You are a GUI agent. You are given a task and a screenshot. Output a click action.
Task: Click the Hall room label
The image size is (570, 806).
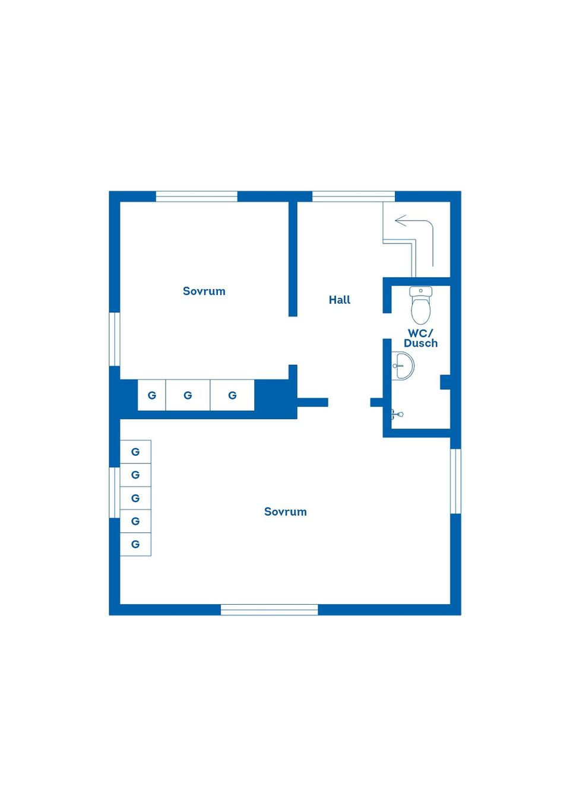coord(340,300)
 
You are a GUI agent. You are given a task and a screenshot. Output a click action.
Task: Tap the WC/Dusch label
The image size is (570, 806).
coord(420,338)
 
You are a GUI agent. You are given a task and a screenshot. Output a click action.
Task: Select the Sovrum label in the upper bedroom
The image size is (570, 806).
coord(204,291)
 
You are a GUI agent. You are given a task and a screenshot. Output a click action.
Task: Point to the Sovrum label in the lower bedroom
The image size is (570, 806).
coord(286,512)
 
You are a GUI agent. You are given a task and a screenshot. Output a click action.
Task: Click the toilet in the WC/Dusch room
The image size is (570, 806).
coord(420,306)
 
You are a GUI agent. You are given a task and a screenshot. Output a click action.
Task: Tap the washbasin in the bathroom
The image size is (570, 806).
coord(403,366)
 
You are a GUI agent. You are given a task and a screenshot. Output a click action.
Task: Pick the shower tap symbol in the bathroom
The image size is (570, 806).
coord(397,414)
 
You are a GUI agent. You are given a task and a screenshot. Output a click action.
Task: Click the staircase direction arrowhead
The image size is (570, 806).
coord(400,220)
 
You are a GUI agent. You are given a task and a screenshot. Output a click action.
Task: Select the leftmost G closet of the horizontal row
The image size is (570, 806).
coord(152,395)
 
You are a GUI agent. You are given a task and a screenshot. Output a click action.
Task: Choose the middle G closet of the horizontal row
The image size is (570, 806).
coord(188,395)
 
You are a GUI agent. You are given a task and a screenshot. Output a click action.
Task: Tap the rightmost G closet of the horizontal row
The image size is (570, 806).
coord(233,395)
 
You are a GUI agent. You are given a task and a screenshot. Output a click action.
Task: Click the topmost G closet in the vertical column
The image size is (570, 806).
coord(135,452)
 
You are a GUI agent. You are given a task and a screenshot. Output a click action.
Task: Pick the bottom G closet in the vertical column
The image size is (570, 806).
coord(135,544)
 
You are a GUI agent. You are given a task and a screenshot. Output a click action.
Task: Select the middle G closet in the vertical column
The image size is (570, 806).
coord(135,498)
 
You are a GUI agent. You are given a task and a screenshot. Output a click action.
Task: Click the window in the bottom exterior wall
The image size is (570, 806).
coord(269,610)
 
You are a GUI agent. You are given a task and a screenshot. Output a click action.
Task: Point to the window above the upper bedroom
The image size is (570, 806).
coord(197,196)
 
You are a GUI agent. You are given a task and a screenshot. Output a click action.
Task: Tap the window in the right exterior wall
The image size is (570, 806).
coord(455,481)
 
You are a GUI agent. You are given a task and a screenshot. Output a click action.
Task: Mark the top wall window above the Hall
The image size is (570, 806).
coord(353,196)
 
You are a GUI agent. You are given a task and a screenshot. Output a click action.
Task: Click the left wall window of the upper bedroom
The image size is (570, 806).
coord(115,339)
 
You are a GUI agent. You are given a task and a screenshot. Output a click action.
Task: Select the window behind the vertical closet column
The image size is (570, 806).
coord(115,493)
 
